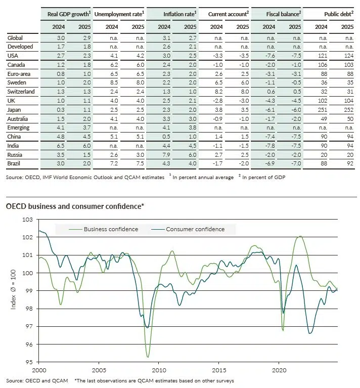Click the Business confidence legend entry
pyautogui.click(x=111, y=229)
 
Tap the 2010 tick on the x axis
pyautogui.click(x=159, y=370)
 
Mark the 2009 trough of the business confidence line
pyautogui.click(x=148, y=357)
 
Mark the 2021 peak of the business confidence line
pyautogui.click(x=301, y=236)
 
